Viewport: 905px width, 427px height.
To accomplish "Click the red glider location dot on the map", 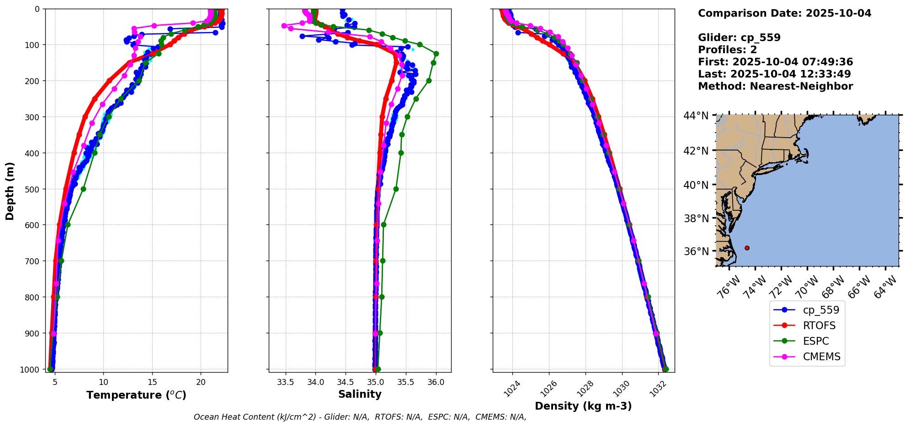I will point(747,248).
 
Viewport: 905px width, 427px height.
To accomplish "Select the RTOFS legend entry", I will point(819,326).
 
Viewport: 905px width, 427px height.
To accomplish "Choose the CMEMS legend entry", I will point(821,357).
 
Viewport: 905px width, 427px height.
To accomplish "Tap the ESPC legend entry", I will point(816,341).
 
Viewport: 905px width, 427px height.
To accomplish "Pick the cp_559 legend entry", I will point(821,310).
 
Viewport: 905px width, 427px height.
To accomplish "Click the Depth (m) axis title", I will point(10,191).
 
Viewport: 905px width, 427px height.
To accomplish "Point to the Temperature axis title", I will point(136,395).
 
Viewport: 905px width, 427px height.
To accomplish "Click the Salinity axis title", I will point(360,394).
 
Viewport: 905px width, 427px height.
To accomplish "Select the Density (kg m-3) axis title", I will point(583,406).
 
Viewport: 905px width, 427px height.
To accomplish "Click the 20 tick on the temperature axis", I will point(201,382).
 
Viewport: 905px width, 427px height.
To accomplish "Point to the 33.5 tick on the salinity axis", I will point(286,382).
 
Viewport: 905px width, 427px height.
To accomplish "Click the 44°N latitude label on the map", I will point(696,116).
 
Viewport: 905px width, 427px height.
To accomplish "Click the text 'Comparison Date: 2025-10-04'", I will point(784,13).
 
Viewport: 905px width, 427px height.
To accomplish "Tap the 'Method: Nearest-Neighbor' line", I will point(775,86).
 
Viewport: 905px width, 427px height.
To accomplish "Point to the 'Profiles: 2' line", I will point(727,50).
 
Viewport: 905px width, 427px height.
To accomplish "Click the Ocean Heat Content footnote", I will point(360,417).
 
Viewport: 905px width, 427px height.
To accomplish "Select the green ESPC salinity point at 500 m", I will point(396,189).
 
